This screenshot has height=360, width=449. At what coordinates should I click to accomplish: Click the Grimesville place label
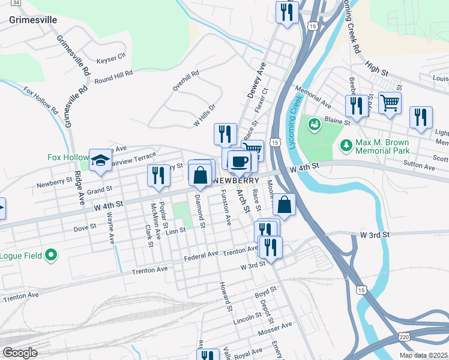coord(34,20)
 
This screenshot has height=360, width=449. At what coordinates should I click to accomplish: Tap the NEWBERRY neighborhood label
coord(235,180)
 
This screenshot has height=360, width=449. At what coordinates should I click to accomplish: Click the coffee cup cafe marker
coord(239,160)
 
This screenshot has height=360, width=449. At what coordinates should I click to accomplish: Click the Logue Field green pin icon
coord(51,256)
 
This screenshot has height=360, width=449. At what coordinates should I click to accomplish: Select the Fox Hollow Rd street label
coord(40,101)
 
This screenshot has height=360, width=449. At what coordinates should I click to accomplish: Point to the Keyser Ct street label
coord(111,58)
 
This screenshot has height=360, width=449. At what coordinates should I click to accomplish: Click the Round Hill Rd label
coord(113,77)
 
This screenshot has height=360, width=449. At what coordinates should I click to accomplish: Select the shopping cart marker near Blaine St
coord(390,103)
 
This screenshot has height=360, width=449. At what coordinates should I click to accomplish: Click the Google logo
coord(19,353)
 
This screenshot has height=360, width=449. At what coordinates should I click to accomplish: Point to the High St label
coord(376,70)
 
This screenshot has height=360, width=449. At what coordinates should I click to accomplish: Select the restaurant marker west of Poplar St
coord(158,176)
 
